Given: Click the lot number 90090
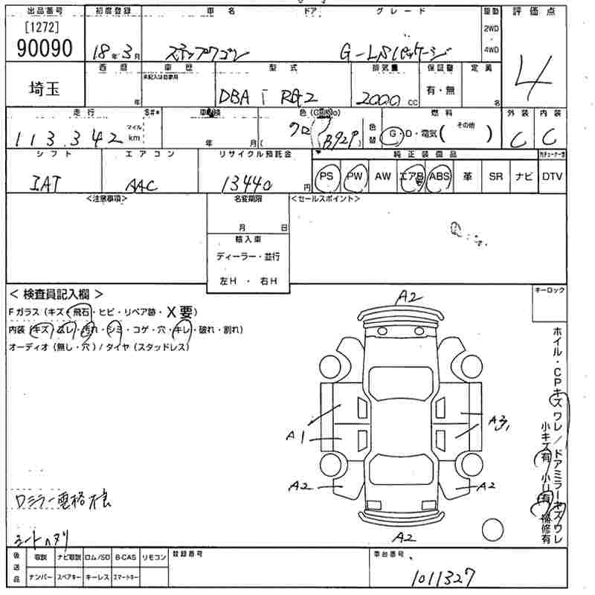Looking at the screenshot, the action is coord(45,48).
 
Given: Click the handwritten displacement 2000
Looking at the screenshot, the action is coord(380,98).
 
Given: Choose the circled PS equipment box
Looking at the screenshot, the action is coord(327,176).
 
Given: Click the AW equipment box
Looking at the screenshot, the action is coord(382,176).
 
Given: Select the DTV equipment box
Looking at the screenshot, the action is coord(552,176).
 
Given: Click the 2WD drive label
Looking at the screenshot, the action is coord(492,28).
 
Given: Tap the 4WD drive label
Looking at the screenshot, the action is coord(492,51).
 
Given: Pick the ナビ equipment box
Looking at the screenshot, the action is coord(523,176).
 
